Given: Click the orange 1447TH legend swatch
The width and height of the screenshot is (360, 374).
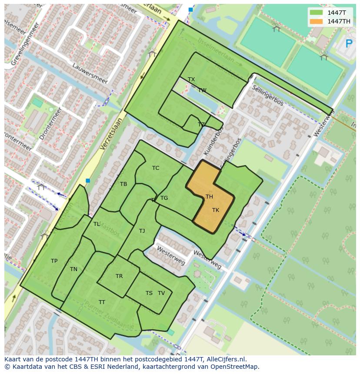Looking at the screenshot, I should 317,21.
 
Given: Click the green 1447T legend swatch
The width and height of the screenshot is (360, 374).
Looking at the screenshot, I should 317,13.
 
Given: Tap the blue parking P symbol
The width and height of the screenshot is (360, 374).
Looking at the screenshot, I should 349,43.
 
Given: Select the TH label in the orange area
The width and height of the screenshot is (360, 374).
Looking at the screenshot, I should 209,197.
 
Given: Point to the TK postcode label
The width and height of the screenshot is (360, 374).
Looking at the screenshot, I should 216,210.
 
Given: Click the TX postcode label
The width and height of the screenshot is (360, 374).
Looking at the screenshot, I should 191,79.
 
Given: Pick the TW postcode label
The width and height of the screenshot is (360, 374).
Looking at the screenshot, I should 202,90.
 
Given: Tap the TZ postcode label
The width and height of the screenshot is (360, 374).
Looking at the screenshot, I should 201,125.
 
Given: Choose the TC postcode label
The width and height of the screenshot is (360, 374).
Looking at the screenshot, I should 156,168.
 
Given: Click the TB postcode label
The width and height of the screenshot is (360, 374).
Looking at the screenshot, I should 123,184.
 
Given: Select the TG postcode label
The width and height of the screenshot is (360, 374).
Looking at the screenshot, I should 164,198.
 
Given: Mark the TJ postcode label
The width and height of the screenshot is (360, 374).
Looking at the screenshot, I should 142,231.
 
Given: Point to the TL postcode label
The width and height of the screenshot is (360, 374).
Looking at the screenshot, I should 97,224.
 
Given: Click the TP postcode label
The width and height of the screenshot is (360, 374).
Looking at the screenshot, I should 54,261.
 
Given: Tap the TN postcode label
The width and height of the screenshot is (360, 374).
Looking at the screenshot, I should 73,269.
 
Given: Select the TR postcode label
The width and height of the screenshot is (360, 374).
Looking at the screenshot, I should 119,276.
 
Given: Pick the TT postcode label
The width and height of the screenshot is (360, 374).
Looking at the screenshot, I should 102,302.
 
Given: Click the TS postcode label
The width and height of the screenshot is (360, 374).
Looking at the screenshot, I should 149,293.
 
